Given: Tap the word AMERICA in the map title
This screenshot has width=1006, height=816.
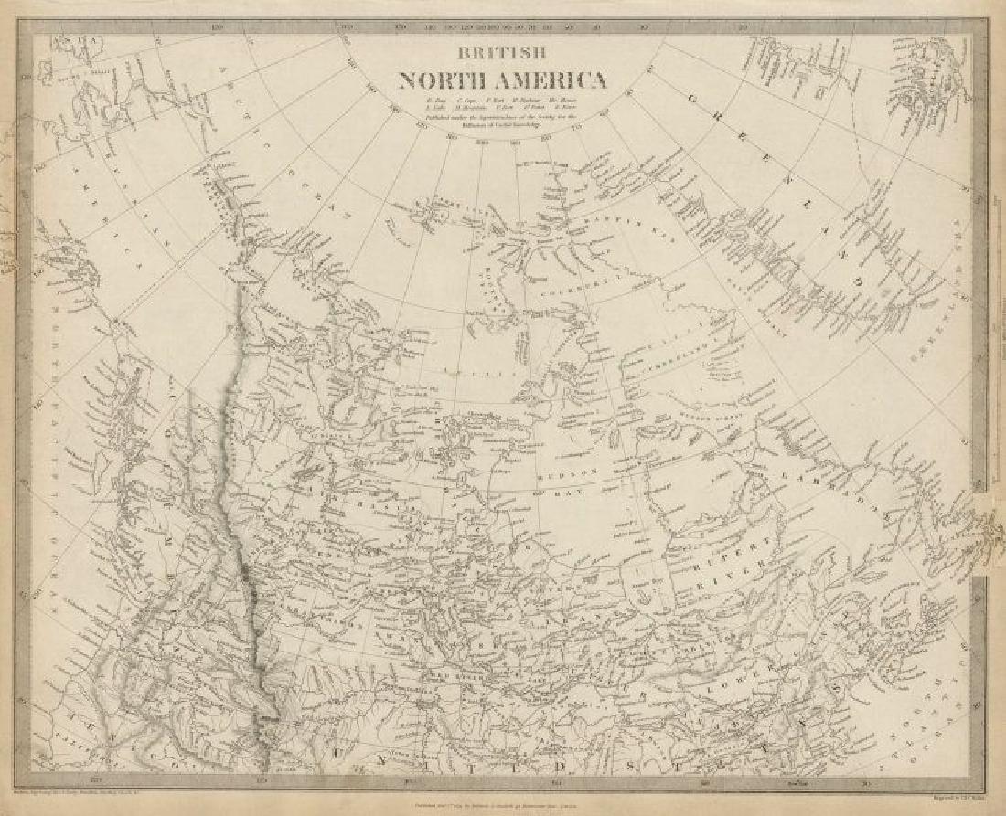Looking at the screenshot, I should click(555, 80).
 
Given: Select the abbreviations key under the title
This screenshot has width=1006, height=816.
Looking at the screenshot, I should click(501, 105).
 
